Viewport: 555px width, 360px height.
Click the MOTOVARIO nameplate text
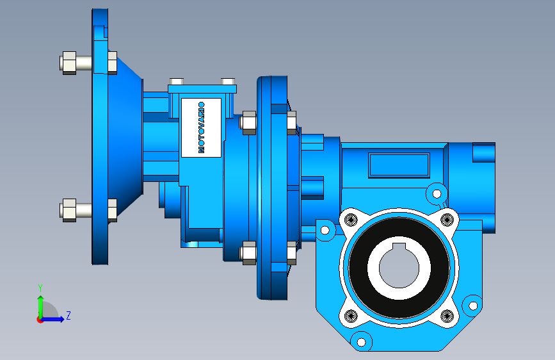pos(201,127)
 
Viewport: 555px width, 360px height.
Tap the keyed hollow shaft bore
pos(399,266)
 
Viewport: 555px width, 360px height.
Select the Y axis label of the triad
pos(40,288)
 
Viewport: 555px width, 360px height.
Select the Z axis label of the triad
pos(68,315)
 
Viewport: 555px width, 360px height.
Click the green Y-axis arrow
pos(40,307)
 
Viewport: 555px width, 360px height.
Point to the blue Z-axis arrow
pos(52,319)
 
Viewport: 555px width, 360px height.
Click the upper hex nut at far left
pos(68,63)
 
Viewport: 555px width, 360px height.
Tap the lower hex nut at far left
pos(68,210)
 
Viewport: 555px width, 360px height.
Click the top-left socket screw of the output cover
pos(351,220)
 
